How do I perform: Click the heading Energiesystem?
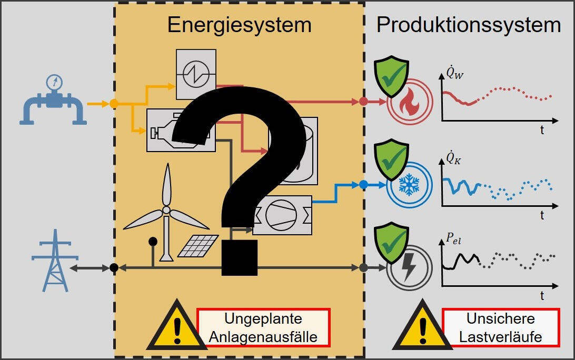point(239,25)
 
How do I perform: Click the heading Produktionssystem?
point(468,25)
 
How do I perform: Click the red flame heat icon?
point(409,102)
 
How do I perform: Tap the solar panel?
point(198,246)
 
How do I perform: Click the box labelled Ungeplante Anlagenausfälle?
point(263,327)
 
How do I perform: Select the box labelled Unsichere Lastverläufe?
point(500,327)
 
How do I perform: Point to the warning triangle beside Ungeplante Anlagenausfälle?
point(176,327)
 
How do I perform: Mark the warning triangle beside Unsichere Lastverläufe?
point(421,327)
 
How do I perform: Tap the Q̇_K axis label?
point(453,157)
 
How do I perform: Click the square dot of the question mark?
point(240,258)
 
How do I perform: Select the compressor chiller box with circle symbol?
point(282,215)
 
